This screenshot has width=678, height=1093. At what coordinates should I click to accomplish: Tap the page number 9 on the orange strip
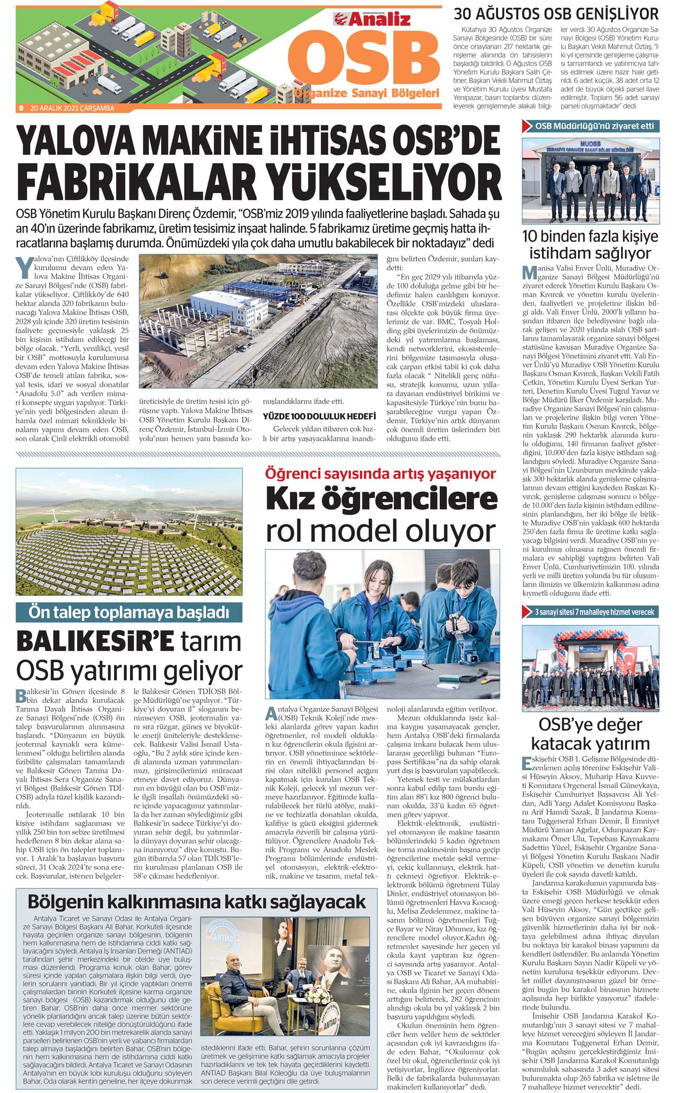[21, 108]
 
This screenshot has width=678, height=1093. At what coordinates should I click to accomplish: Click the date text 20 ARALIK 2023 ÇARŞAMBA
[72, 108]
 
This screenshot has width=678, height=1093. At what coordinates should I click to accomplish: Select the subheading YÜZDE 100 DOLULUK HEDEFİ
[319, 416]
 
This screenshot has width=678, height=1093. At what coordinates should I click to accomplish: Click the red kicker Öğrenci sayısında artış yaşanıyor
[380, 473]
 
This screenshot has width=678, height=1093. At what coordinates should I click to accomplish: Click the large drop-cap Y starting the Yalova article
[24, 266]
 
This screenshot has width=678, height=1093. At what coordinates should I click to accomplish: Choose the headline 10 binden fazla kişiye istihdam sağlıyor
[590, 245]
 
